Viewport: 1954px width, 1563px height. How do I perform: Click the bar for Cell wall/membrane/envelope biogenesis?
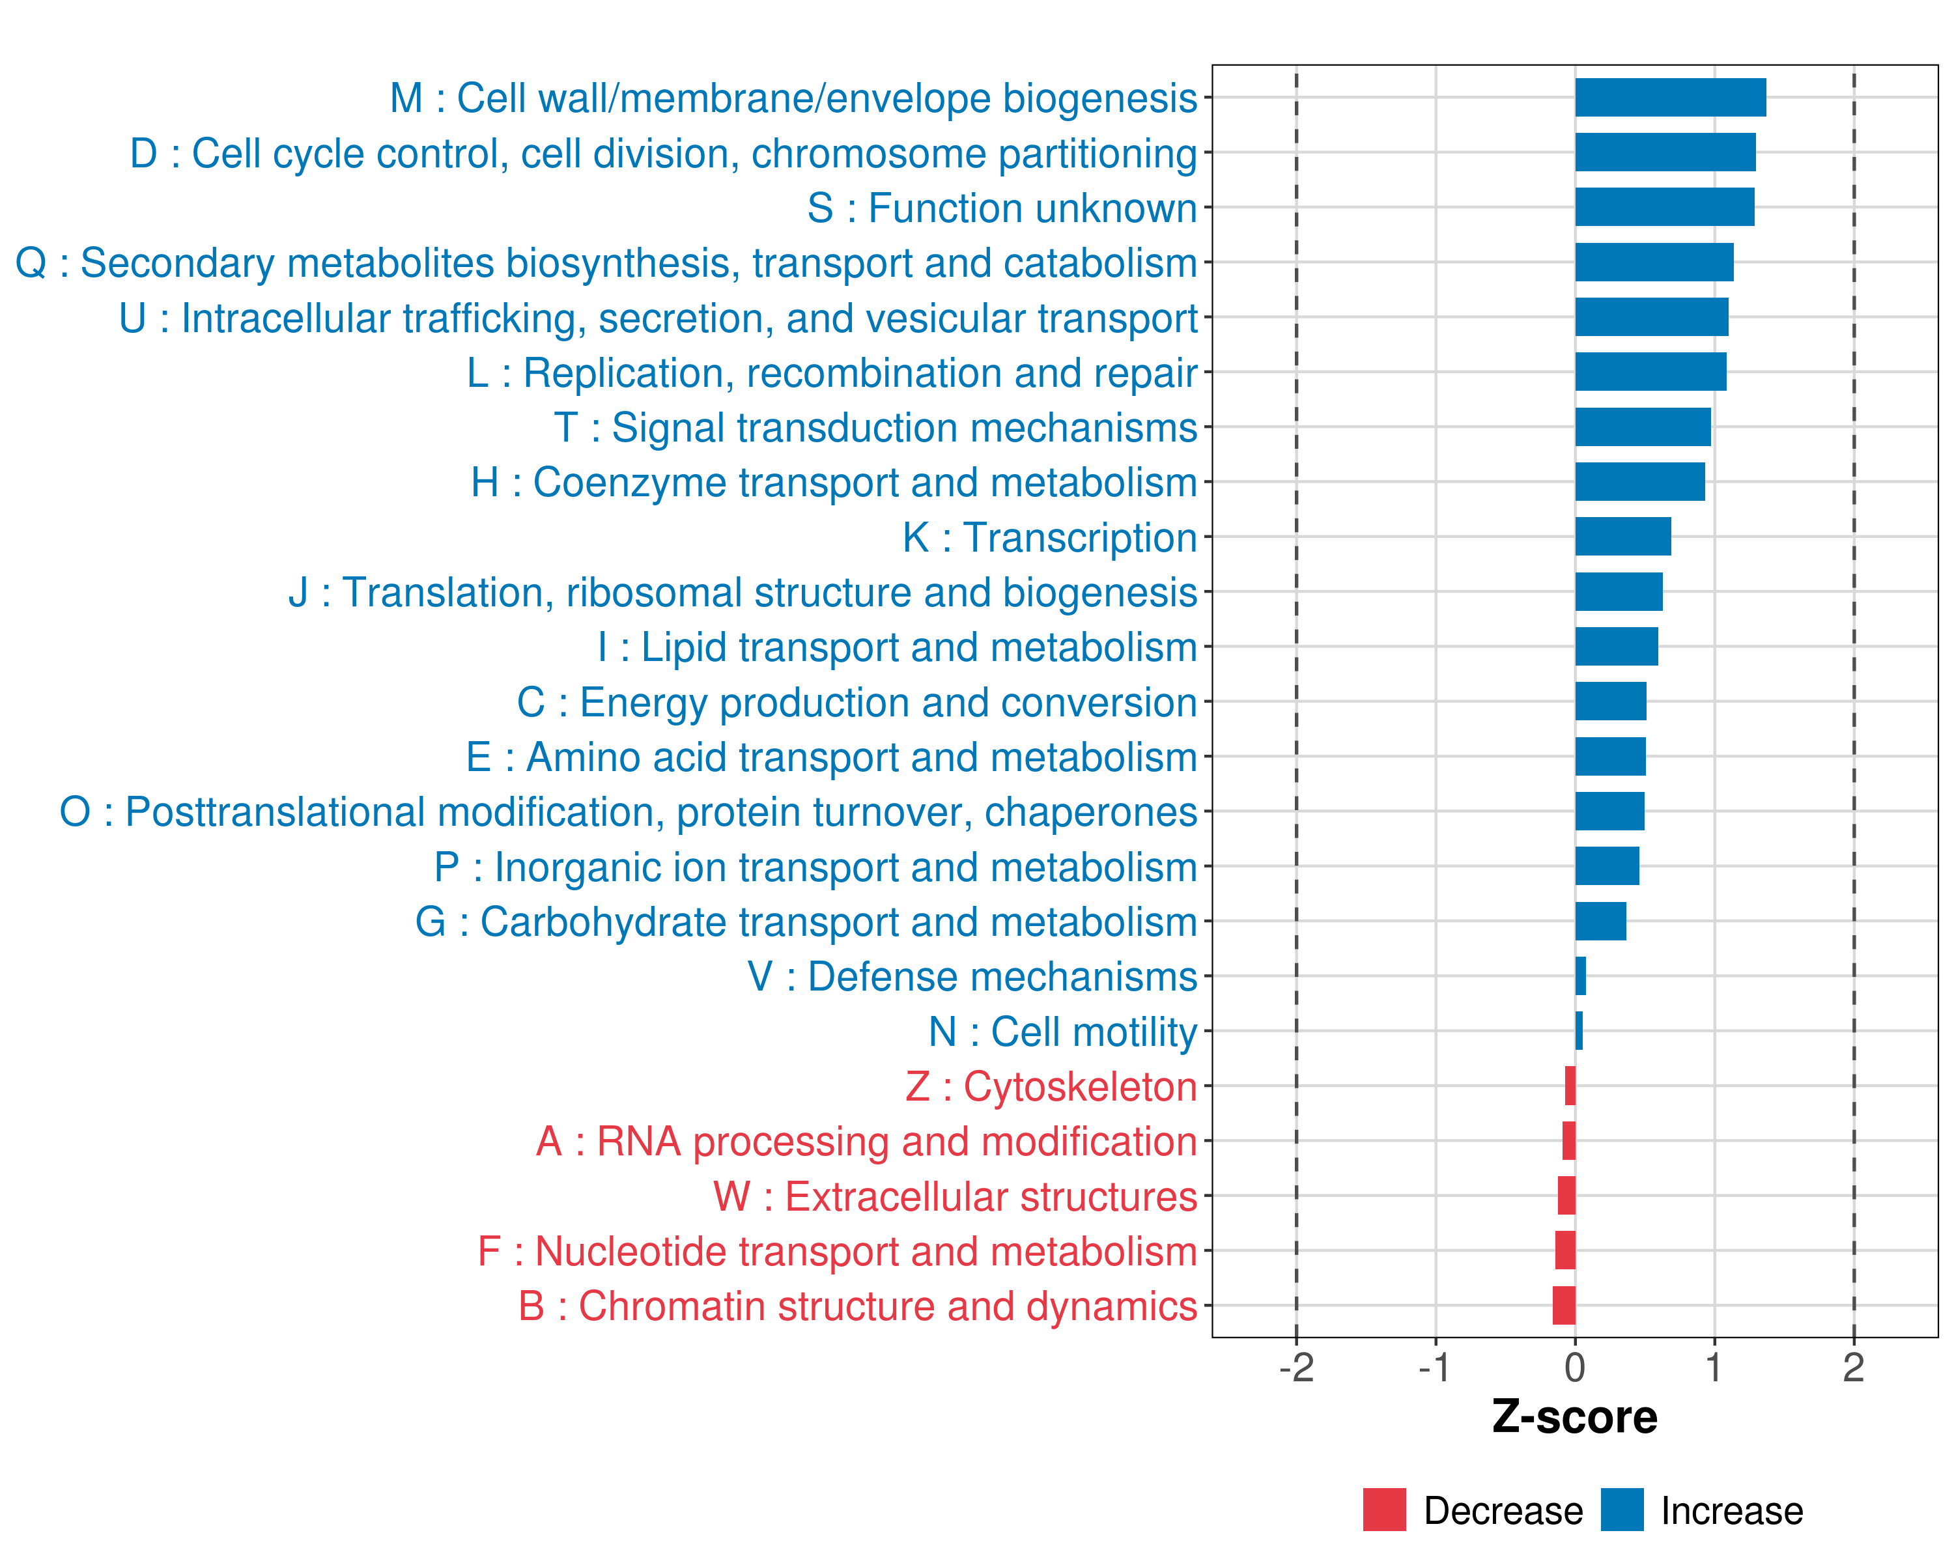[1669, 98]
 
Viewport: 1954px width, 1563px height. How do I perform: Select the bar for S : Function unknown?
[1664, 208]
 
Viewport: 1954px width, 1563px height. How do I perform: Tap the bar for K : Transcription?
[1622, 537]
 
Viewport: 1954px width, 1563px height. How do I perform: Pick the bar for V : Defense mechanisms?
[1581, 976]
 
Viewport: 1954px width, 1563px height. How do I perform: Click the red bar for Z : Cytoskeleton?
[1570, 1086]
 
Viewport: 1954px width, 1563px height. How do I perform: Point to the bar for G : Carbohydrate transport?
[1600, 922]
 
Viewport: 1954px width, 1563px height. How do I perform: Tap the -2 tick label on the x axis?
[1296, 1367]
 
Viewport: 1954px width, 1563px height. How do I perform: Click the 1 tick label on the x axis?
[1714, 1367]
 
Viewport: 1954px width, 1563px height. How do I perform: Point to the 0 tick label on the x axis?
[1575, 1367]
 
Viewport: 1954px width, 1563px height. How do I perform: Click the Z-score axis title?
[1574, 1417]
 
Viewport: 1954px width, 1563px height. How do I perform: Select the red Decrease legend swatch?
[1384, 1510]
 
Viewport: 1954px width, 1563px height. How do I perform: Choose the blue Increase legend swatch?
[1621, 1510]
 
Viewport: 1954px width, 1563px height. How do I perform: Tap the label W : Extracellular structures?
[956, 1197]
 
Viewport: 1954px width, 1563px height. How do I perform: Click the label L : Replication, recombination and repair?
[832, 373]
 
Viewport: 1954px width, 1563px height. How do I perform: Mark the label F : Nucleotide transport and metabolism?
[838, 1251]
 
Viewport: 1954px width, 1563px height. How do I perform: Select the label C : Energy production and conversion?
[857, 702]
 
